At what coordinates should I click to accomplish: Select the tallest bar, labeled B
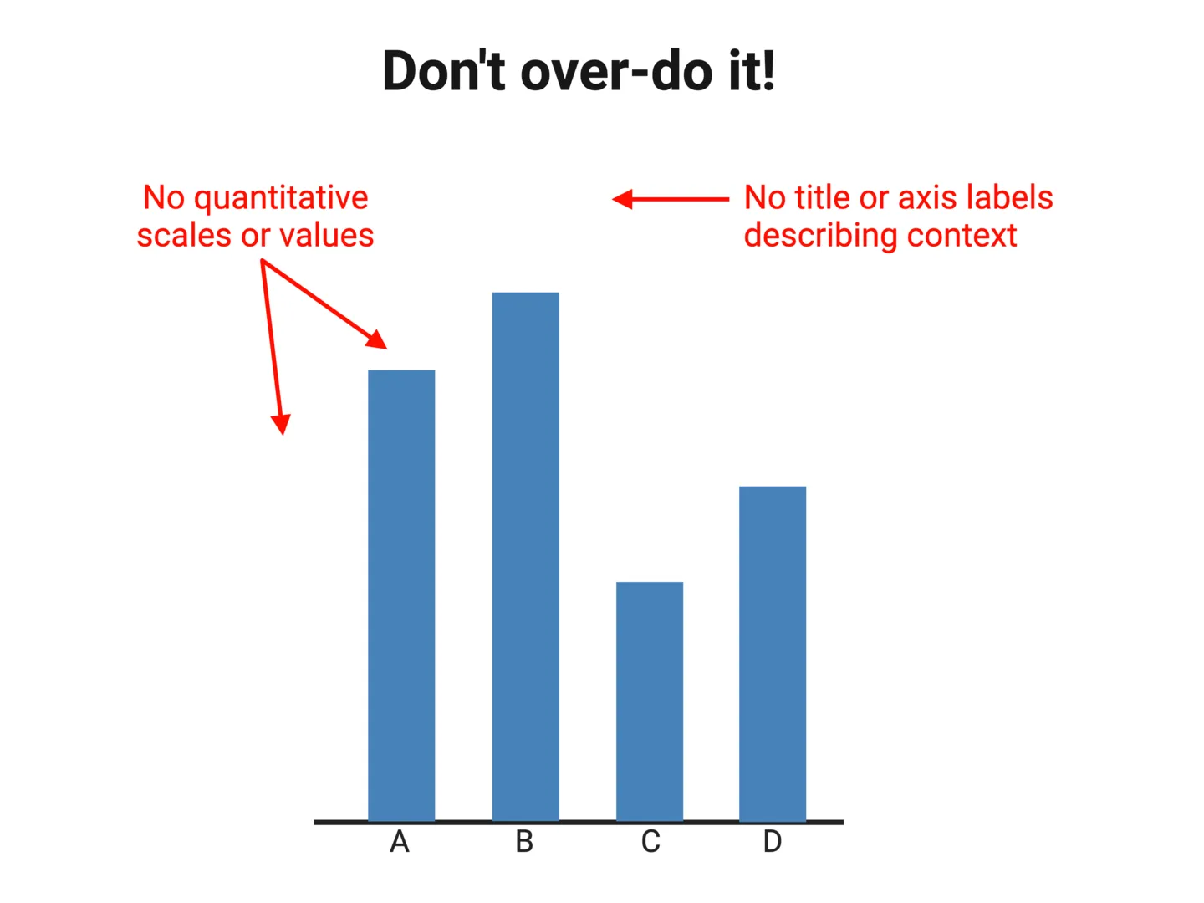[x=525, y=556]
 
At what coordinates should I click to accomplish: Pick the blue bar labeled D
[x=773, y=653]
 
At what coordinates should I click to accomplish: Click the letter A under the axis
[x=400, y=842]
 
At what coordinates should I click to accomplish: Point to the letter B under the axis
[x=524, y=842]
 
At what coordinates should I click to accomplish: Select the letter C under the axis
[x=650, y=842]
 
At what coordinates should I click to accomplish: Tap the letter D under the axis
[x=773, y=842]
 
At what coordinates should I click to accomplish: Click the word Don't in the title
[x=444, y=70]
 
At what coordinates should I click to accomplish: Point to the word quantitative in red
[x=281, y=199]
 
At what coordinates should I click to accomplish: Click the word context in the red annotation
[x=962, y=236]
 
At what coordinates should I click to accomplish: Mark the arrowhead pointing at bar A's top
[x=378, y=339]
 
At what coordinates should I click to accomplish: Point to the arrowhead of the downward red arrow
[x=282, y=424]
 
